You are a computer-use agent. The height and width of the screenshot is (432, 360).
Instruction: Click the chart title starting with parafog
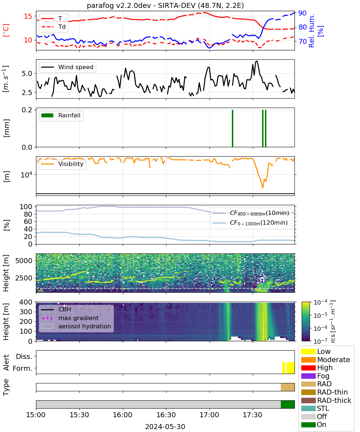pyautogui.click(x=165, y=5)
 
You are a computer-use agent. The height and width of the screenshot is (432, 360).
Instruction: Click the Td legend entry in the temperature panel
pyautogui.click(x=53, y=27)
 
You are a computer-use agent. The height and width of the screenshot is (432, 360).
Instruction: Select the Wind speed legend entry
pyautogui.click(x=67, y=67)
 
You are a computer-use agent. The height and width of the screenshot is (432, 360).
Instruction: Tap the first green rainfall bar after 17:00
pyautogui.click(x=233, y=128)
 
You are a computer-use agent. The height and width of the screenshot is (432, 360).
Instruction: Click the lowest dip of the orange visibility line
pyautogui.click(x=263, y=188)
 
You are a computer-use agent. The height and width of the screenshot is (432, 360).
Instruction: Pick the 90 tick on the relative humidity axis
pyautogui.click(x=302, y=13)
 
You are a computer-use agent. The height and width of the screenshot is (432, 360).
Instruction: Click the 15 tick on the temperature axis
pyautogui.click(x=28, y=16)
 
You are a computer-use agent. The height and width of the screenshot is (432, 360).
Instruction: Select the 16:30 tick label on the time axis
pyautogui.click(x=166, y=415)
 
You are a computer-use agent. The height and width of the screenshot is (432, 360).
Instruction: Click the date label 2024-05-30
pyautogui.click(x=165, y=427)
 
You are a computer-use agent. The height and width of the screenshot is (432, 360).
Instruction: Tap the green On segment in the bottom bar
pyautogui.click(x=288, y=404)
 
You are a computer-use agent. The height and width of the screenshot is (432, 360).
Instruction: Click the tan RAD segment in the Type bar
pyautogui.click(x=288, y=387)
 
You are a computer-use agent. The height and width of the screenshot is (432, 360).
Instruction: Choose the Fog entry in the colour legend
pyautogui.click(x=315, y=376)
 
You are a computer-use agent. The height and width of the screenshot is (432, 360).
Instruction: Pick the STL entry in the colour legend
pyautogui.click(x=315, y=408)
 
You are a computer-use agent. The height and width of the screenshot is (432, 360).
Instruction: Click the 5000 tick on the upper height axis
pyautogui.click(x=24, y=261)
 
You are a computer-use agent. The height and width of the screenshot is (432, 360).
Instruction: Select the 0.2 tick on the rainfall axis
pyautogui.click(x=27, y=110)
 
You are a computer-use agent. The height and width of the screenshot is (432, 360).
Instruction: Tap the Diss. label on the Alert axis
pyautogui.click(x=24, y=356)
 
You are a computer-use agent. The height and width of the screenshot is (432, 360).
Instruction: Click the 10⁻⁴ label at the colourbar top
pyautogui.click(x=320, y=302)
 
